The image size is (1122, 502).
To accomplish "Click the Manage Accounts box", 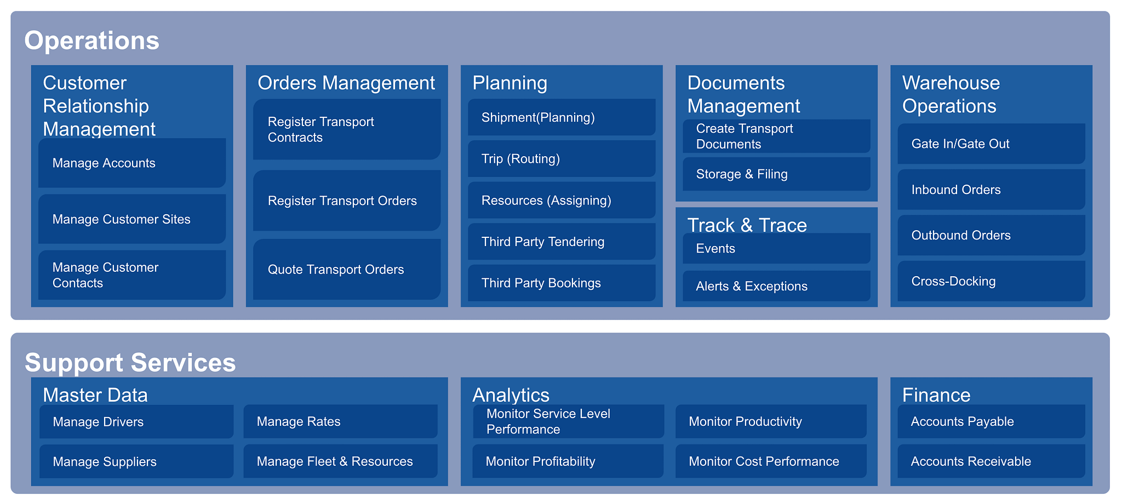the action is [x=132, y=163].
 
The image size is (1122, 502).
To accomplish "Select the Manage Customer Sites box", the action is [x=132, y=219].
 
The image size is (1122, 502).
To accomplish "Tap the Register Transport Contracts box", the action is [x=347, y=129].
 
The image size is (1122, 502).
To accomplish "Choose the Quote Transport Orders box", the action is [x=347, y=269].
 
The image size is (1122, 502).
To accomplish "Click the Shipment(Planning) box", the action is [x=562, y=117].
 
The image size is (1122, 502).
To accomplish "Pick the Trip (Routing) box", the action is [x=562, y=158].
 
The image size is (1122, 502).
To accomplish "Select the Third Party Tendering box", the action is [x=562, y=242].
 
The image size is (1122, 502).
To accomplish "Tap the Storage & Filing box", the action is [x=776, y=174].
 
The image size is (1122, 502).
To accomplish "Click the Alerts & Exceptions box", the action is [x=776, y=286].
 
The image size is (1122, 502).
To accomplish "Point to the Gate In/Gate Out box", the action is [x=991, y=144].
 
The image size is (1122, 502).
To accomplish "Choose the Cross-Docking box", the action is [x=991, y=281].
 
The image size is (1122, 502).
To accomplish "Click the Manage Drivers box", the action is [x=136, y=421].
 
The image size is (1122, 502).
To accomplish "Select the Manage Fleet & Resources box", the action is [x=340, y=461].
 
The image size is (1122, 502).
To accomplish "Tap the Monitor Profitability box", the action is [x=568, y=461].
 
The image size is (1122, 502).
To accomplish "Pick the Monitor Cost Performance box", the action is [x=771, y=461].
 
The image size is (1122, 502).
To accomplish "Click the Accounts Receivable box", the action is [x=991, y=461].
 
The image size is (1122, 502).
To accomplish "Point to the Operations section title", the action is [x=92, y=41].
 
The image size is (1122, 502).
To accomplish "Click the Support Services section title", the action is [x=130, y=363].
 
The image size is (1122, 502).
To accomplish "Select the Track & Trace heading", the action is [x=747, y=225].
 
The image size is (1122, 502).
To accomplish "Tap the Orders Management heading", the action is [x=346, y=83].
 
